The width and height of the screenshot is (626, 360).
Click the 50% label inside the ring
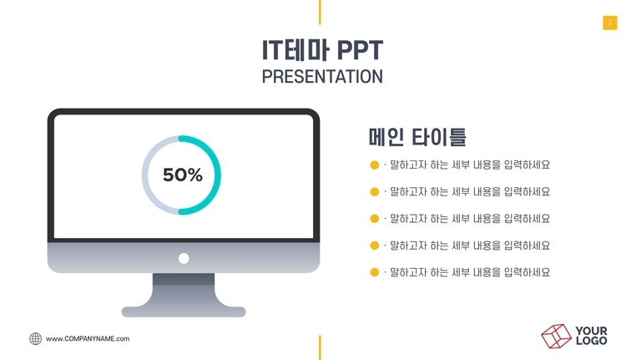(183, 175)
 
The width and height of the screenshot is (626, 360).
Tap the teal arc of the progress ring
(218, 175)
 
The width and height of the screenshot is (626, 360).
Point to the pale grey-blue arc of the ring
(145, 175)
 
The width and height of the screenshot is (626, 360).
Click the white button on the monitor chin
(184, 258)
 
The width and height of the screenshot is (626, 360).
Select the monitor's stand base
(184, 312)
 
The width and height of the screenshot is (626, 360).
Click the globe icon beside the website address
(36, 339)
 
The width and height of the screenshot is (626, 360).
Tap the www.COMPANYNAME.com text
(88, 339)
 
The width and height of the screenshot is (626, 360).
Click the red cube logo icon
(556, 336)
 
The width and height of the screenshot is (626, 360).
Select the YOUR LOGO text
(591, 336)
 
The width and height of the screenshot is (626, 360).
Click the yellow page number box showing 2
(610, 23)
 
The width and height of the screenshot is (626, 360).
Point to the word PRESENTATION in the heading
(322, 77)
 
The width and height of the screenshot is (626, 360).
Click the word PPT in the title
(360, 50)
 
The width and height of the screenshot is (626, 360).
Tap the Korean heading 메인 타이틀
(417, 137)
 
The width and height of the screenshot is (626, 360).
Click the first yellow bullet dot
(375, 165)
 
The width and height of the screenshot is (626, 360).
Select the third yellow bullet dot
(375, 219)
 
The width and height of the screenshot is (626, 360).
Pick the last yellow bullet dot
(375, 272)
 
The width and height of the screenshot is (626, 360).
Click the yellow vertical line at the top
(320, 12)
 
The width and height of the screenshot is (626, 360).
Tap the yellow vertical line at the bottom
(320, 347)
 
